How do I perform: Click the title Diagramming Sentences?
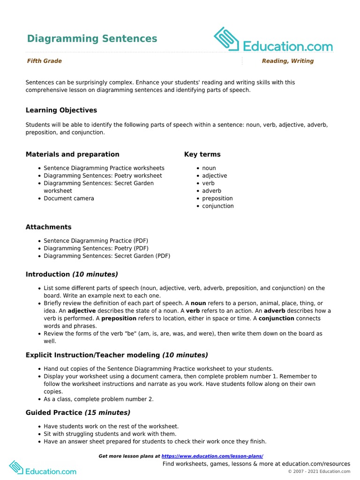point(92,38)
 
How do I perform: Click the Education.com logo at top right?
point(273,40)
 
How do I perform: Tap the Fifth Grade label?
point(44,61)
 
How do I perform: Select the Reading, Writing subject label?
point(287,61)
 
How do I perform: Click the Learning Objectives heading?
point(61,110)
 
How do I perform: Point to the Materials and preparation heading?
point(72,154)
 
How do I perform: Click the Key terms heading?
point(202,154)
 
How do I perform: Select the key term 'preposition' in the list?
point(217,198)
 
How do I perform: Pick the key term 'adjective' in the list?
point(214,176)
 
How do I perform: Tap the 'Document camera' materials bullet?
point(69,198)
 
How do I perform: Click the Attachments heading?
point(48,227)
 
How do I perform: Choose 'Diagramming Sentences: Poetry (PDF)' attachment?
point(96,248)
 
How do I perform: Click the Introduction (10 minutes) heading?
point(72,274)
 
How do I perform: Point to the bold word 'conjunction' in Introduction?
point(276,318)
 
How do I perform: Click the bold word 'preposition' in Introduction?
point(119,318)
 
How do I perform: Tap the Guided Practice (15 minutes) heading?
point(78,412)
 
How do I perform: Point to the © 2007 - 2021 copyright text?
point(319,471)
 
